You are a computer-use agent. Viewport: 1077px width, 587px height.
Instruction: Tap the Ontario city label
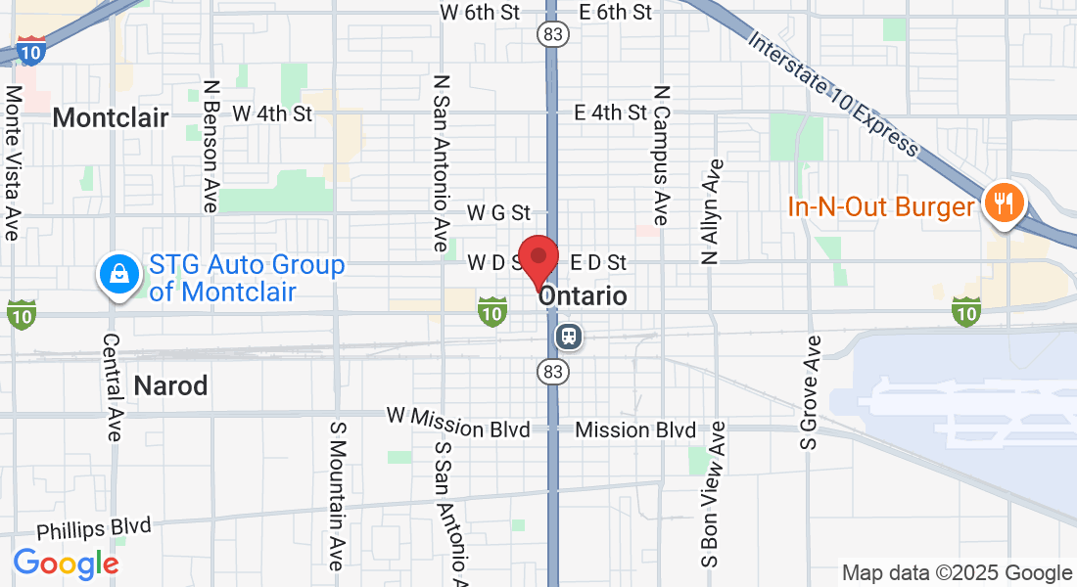584,295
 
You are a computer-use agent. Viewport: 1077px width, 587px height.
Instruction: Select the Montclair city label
111,118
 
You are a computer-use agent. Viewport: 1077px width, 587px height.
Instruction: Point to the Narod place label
170,385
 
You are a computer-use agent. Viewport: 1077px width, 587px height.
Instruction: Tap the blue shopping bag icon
117,275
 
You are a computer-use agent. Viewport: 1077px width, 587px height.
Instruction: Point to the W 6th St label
480,13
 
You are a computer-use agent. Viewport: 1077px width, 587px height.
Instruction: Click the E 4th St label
611,113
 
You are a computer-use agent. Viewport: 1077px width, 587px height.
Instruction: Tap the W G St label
498,212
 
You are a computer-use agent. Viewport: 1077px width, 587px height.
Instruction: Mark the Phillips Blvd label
94,530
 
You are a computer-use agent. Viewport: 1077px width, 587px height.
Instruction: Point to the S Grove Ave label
811,392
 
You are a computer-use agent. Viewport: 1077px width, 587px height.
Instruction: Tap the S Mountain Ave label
336,496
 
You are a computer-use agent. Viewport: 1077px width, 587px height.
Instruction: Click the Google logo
66,564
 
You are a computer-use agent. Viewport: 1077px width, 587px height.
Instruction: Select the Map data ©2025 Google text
958,573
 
